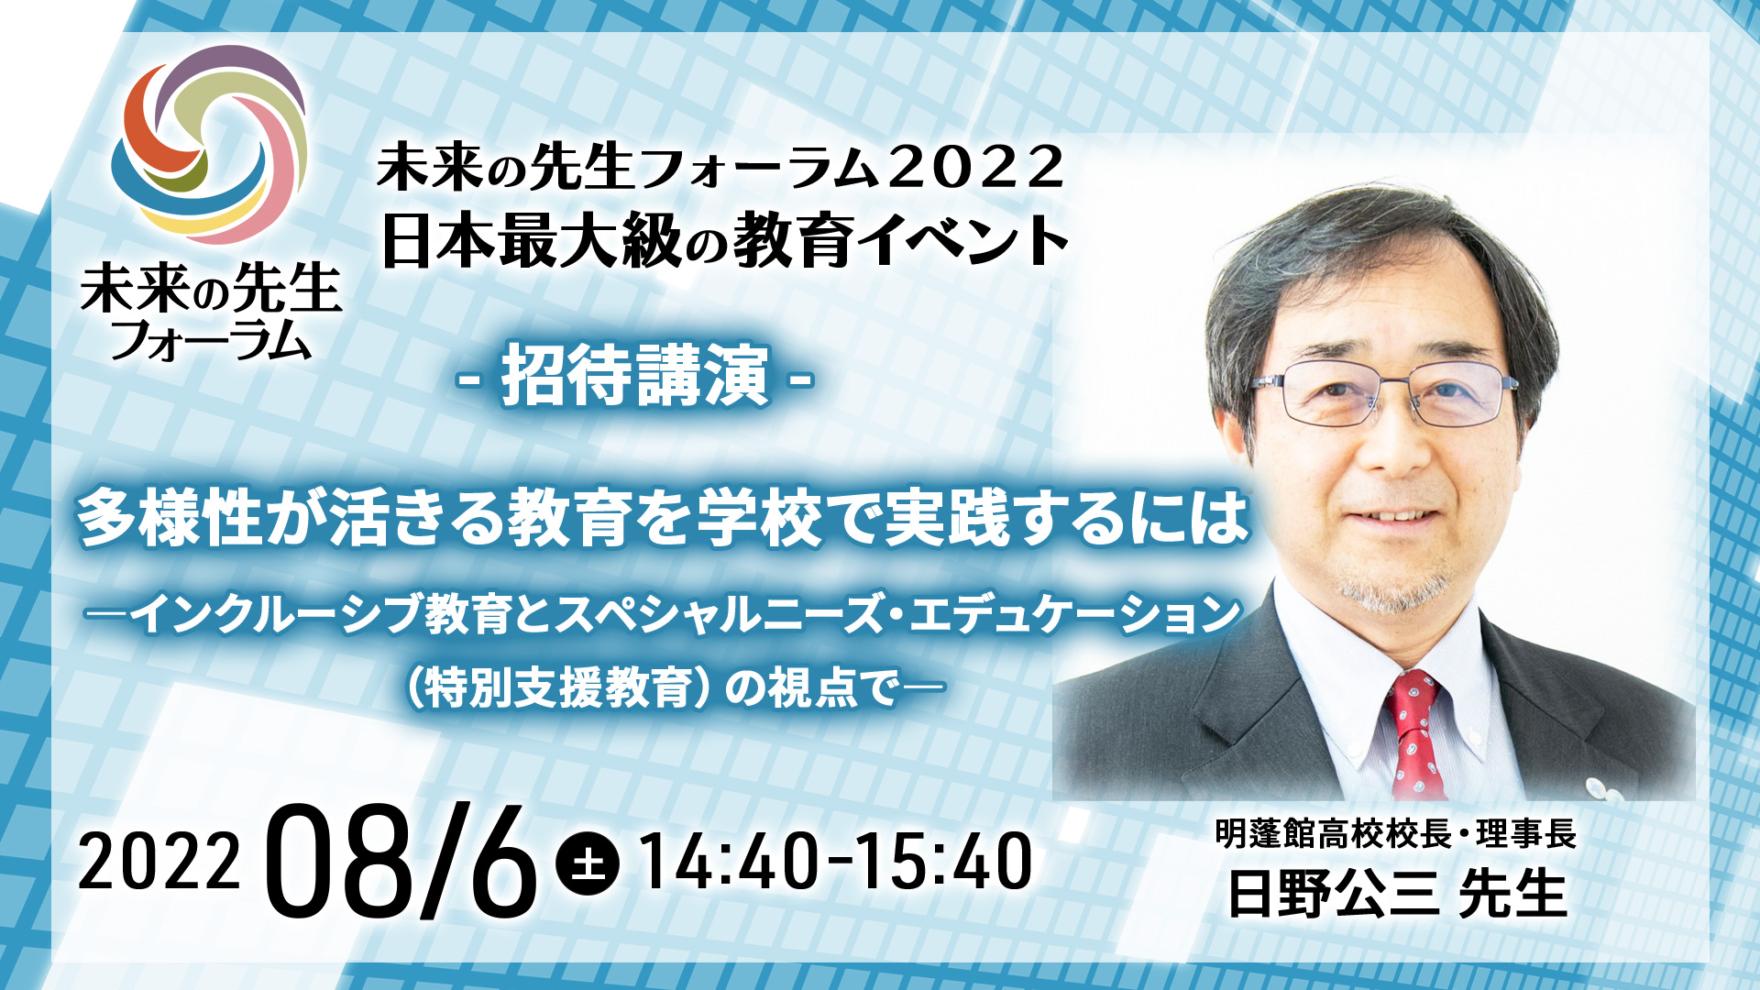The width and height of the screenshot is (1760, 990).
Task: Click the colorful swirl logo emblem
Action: pyautogui.click(x=209, y=144)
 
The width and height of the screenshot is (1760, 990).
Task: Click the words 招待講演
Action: pyautogui.click(x=634, y=376)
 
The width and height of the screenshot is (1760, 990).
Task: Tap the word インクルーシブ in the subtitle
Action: pyautogui.click(x=275, y=614)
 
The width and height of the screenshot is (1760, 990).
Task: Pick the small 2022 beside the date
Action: pyautogui.click(x=159, y=862)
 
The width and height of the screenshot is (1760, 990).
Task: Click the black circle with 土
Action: pyautogui.click(x=588, y=862)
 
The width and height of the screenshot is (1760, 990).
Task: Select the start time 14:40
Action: pyautogui.click(x=729, y=862)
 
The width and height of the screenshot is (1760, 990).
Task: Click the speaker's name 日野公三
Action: pyautogui.click(x=1333, y=894)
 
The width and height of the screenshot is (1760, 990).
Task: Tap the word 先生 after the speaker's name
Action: pyautogui.click(x=1512, y=894)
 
